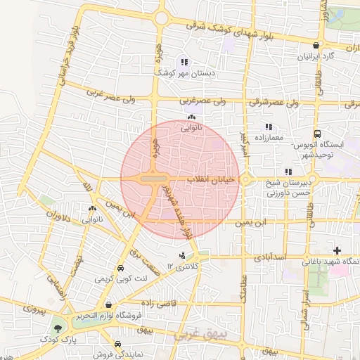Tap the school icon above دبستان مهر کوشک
[184, 62]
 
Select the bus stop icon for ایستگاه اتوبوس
[318, 134]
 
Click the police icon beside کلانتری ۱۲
[183, 255]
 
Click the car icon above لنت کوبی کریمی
[120, 269]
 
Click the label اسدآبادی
[289, 258]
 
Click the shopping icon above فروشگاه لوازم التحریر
[108, 304]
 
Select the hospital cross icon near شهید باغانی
[337, 251]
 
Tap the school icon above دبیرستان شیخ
[288, 172]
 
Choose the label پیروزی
[33, 309]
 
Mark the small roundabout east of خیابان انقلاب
[247, 180]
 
